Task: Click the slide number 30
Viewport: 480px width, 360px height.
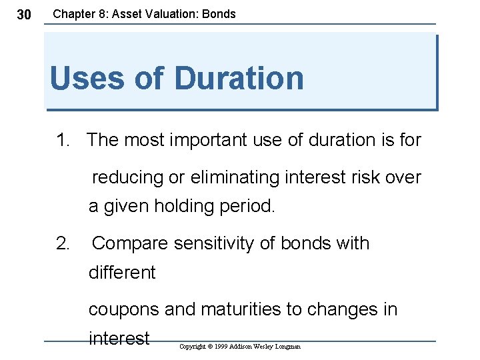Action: tap(23, 15)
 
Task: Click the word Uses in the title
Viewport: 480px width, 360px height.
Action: tap(86, 78)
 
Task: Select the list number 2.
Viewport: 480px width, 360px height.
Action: tap(63, 243)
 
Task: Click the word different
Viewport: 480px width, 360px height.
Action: tap(122, 273)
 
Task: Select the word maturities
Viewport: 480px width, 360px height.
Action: tap(241, 309)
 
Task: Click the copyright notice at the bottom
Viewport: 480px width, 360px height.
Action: tap(240, 347)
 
